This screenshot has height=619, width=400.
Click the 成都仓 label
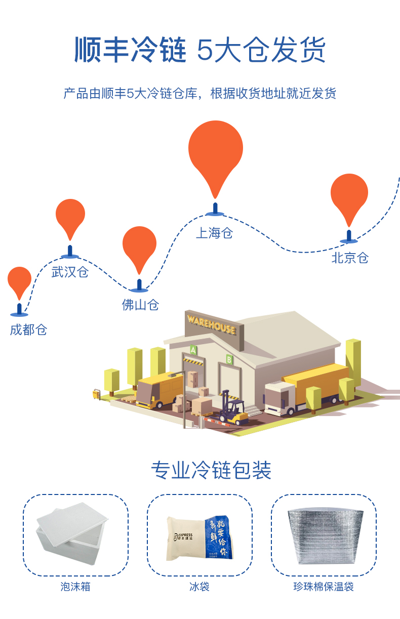coord(28,330)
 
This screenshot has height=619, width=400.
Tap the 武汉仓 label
coord(70,272)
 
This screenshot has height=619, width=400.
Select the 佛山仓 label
coord(140,305)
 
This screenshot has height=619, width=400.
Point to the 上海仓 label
coord(214,233)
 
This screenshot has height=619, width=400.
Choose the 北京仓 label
coord(350,258)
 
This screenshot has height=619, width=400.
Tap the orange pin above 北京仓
coord(349,194)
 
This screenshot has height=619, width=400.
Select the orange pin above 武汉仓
coord(70,215)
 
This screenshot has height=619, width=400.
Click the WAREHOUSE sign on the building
coord(211,324)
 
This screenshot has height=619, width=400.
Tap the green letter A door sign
coord(193,349)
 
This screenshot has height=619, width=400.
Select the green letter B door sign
coord(229,359)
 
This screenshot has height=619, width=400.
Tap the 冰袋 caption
coord(199,587)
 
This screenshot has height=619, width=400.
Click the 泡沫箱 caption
coord(75,587)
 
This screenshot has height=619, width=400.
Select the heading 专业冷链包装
coord(211,470)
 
